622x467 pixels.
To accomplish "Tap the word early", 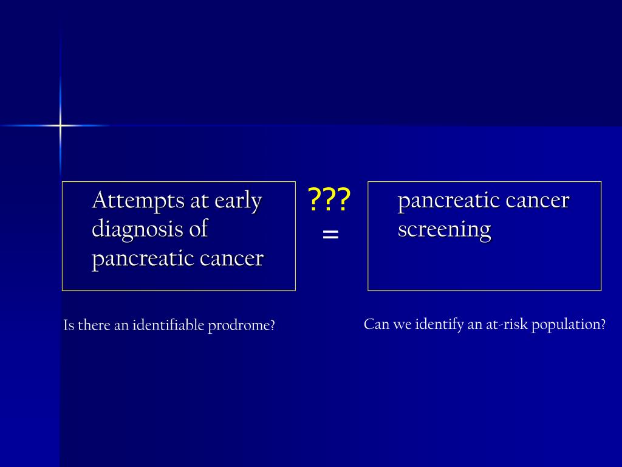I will coord(239,200).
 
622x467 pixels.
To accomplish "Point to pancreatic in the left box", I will coord(143,258).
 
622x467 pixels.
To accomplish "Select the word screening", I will coord(444,229).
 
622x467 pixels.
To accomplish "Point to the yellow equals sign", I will coord(330,233).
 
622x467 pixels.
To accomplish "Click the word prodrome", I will coord(241,325).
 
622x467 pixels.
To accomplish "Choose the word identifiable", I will coord(168,325).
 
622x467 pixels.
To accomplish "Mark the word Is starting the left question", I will coord(69,325).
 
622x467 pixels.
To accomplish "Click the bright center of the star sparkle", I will coord(60,126).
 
